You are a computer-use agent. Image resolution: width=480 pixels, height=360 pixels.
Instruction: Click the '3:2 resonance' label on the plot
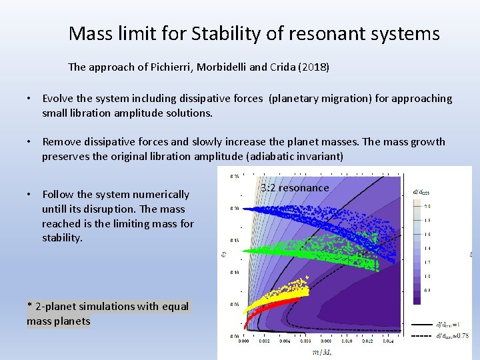click(295, 188)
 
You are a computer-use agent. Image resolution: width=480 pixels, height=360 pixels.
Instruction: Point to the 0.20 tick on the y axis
click(235, 208)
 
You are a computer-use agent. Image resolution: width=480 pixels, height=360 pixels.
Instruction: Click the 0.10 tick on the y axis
click(235, 273)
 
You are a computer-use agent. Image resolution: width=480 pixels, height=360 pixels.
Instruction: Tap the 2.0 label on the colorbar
click(427, 207)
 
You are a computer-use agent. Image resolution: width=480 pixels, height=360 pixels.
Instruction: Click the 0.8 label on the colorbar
click(427, 290)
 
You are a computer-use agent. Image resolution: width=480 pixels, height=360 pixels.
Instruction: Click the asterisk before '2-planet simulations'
click(30, 307)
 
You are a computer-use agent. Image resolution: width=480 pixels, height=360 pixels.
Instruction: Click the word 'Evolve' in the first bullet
click(58, 99)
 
